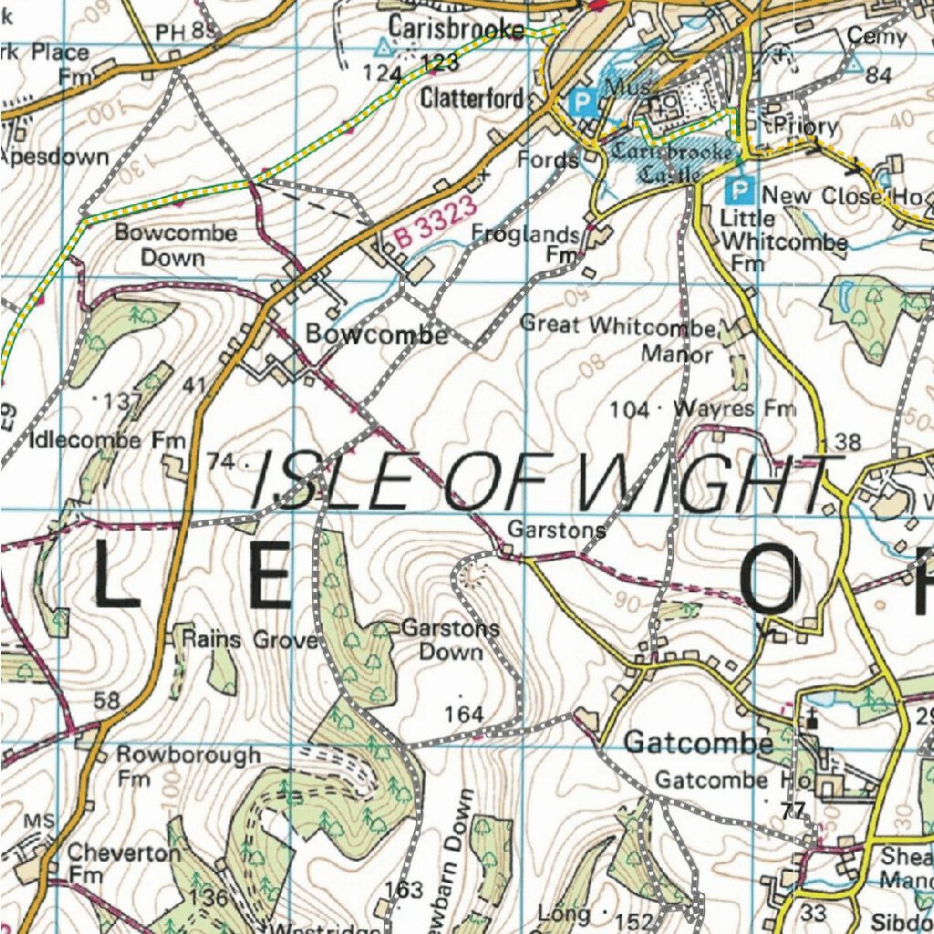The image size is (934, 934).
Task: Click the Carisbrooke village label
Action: (x=456, y=27)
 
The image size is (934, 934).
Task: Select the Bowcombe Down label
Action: (x=175, y=244)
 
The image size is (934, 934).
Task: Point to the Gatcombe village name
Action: (x=698, y=744)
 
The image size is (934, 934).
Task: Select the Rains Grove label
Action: (x=249, y=639)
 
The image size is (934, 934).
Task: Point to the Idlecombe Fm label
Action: (x=99, y=441)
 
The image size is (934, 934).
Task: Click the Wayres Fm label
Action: (x=733, y=410)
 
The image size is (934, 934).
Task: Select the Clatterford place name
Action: (x=472, y=98)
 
